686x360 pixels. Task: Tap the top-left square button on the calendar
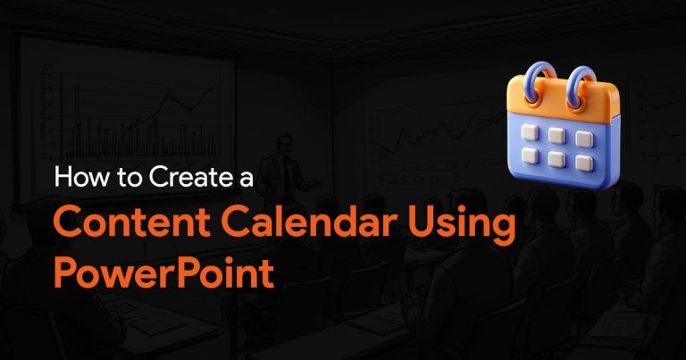click(x=531, y=131)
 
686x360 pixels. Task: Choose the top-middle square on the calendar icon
click(x=557, y=135)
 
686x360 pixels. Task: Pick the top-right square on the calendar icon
click(x=584, y=138)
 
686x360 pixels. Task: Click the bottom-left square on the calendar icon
click(x=531, y=155)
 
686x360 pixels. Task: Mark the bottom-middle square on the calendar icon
click(x=557, y=159)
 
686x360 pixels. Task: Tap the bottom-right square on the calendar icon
click(x=584, y=163)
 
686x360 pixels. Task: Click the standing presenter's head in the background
click(x=285, y=146)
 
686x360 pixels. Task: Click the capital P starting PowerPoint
click(x=64, y=272)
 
